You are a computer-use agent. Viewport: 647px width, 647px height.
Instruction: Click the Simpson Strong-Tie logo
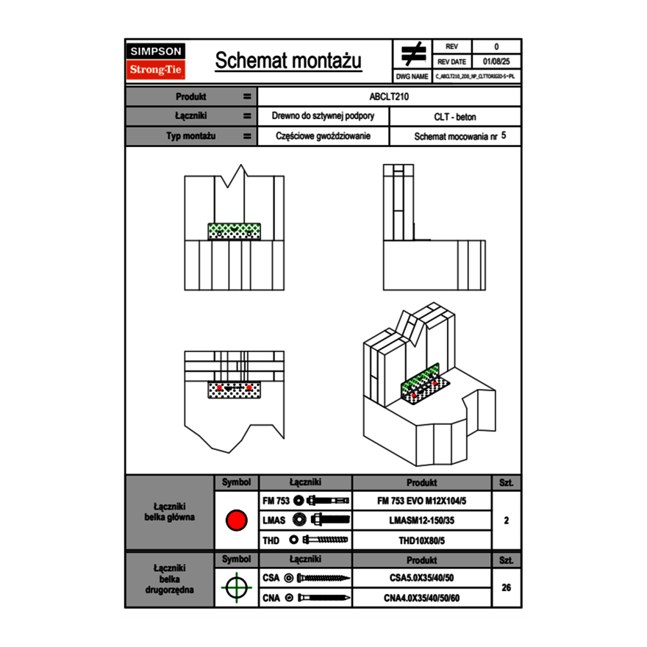pos(156,61)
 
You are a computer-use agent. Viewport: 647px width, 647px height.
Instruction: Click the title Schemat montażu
pos(288,61)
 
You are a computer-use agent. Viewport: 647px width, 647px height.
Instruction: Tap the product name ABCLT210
pos(389,96)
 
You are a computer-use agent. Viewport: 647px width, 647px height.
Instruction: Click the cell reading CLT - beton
pos(455,117)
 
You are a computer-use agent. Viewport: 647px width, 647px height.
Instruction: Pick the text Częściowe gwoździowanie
pos(323,136)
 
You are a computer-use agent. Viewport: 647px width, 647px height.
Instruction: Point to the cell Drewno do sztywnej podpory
pos(323,117)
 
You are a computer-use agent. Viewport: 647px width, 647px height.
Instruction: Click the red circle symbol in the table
pos(236,521)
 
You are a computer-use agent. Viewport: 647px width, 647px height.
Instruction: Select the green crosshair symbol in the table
pos(236,587)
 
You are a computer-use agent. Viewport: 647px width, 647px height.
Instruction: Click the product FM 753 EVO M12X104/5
pos(421,501)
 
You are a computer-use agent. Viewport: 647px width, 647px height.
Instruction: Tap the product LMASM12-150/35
pos(421,520)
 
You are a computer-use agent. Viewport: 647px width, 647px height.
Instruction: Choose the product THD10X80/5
pos(421,540)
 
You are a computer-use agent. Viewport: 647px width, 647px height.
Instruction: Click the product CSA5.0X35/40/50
pos(421,578)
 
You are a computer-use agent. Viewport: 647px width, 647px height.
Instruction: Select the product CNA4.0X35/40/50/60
pos(421,598)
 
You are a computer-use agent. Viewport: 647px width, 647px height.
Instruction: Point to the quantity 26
pos(506,587)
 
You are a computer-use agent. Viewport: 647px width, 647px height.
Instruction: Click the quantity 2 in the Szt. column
pos(506,521)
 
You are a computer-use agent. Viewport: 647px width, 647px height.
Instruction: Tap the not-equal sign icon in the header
pos(413,54)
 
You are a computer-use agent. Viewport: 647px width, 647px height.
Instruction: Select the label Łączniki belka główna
pos(170,512)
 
